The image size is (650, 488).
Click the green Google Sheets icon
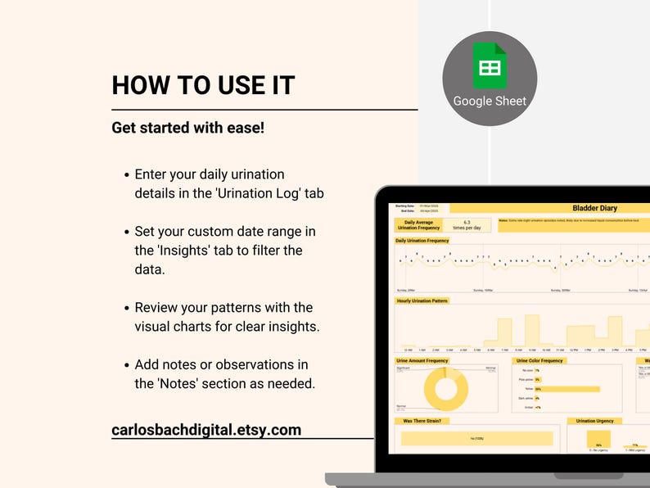point(490,66)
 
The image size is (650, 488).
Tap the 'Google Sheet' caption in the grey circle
point(490,102)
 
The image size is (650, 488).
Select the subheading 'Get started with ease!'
point(187,129)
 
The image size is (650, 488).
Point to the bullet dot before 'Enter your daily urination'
point(126,175)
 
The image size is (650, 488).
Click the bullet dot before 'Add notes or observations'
point(126,365)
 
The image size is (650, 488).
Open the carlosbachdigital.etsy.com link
point(206,430)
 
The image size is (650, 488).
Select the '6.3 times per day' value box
point(467,224)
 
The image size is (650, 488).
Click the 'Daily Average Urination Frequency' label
point(418,224)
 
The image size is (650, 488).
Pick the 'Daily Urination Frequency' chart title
point(422,241)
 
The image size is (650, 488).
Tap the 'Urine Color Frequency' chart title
point(539,360)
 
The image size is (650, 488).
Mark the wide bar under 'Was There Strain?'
point(476,438)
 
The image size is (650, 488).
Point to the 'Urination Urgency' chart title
point(595,421)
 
